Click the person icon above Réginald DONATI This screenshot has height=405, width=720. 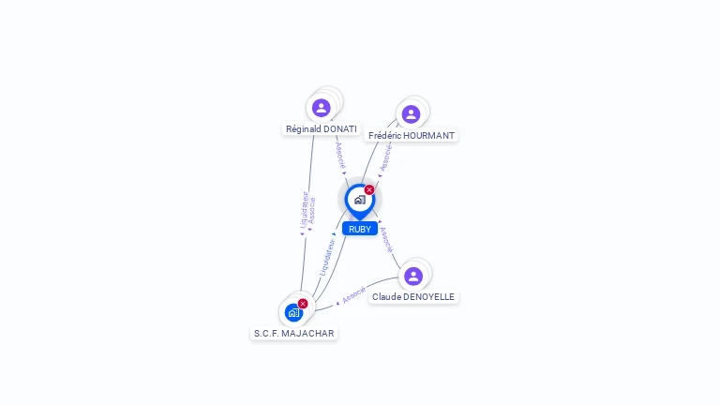point(322,108)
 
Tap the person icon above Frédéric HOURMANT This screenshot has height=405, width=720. point(411,114)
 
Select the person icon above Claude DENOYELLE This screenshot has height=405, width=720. point(413,276)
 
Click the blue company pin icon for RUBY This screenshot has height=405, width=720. point(359,199)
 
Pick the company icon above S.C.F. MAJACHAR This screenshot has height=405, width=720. point(293,312)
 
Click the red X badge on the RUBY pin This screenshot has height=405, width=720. point(369,190)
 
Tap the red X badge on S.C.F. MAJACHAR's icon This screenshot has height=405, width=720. point(303,304)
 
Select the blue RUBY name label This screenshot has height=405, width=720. point(360,229)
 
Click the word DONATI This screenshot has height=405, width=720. point(339,128)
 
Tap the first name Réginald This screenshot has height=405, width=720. point(303,128)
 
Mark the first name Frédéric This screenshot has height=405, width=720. point(385,136)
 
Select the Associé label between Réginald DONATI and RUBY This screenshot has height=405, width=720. point(340,156)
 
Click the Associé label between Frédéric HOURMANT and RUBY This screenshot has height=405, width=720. point(385,157)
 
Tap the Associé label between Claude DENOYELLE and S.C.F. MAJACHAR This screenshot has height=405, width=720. point(353,295)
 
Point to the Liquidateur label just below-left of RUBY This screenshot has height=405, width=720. point(327,255)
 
